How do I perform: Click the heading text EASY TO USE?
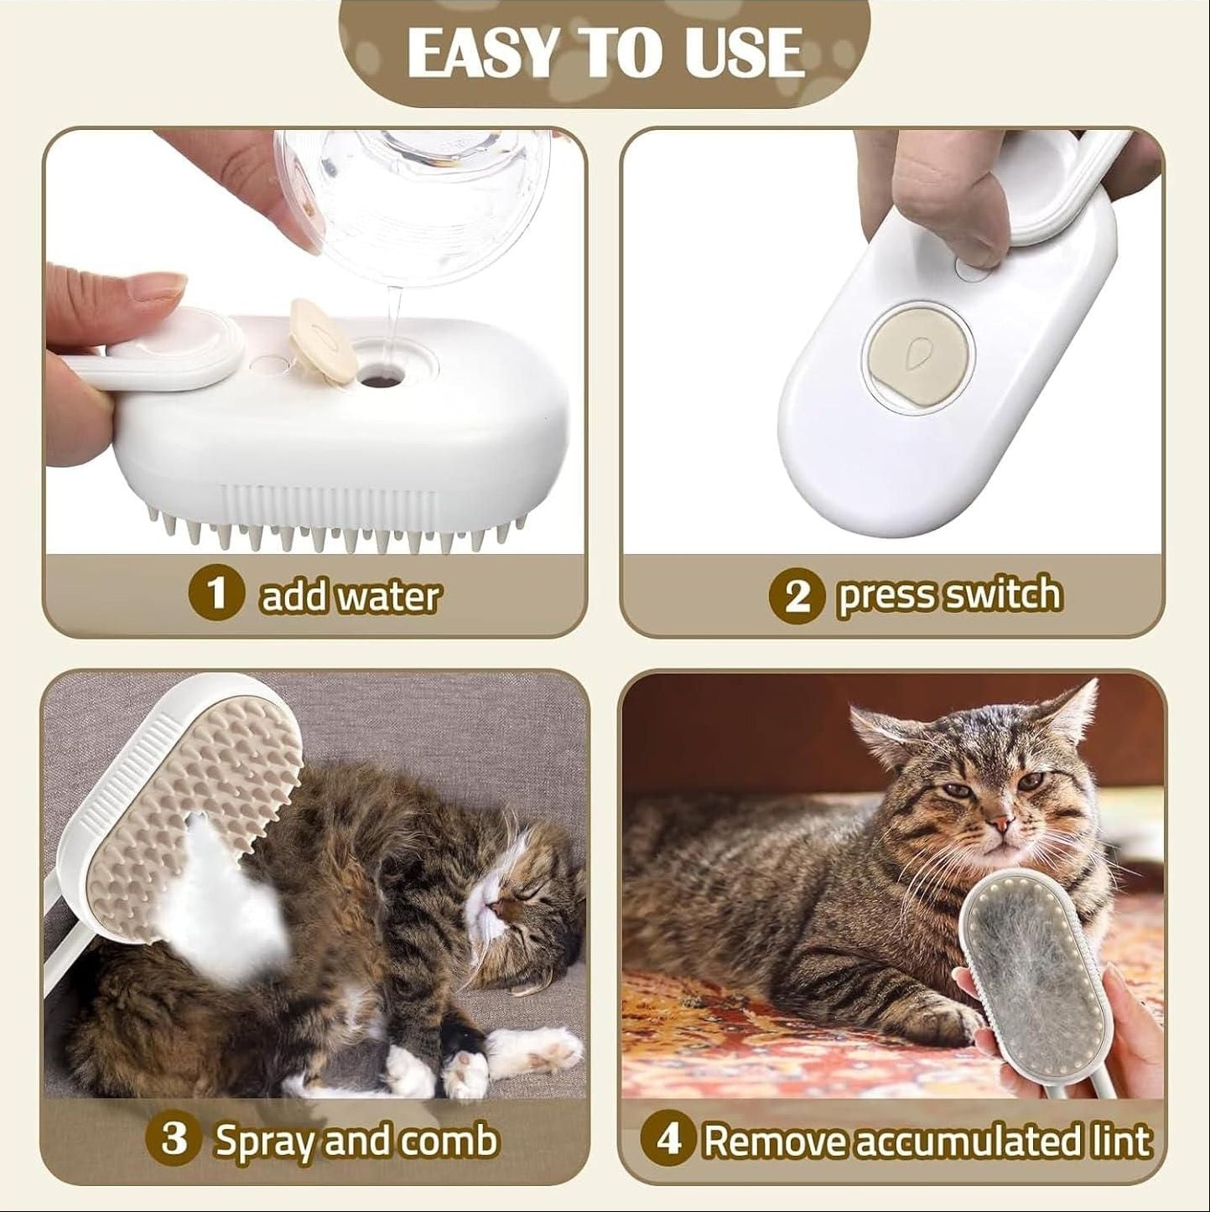[x=604, y=52]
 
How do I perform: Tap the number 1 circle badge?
[x=217, y=594]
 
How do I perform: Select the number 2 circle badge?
[x=797, y=596]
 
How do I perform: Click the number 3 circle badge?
[x=174, y=1141]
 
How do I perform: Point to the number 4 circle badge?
[x=667, y=1141]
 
